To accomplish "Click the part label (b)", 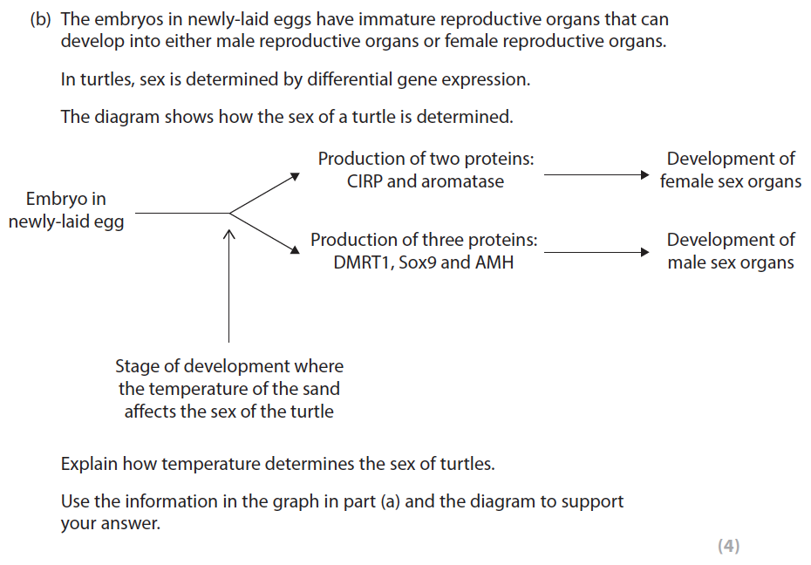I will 41,19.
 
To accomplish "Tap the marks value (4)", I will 728,546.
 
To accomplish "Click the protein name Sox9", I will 418,262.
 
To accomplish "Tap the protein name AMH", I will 494,262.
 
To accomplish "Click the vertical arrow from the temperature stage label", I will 229,288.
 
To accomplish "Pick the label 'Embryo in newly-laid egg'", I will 66,210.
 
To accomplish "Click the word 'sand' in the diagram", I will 319,389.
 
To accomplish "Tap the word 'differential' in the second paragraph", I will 343,79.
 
